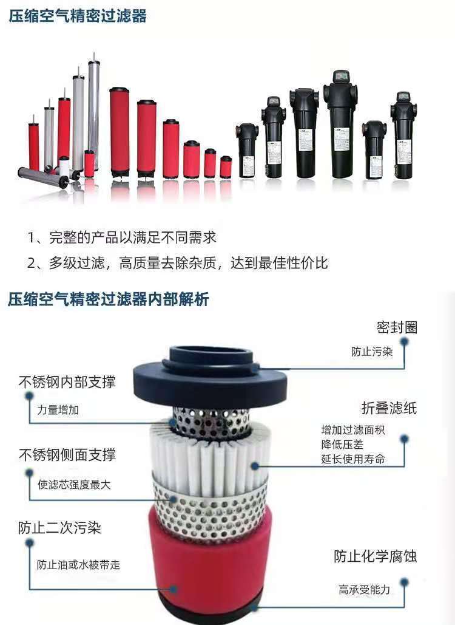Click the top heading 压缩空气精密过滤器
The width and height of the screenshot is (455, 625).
(x=78, y=16)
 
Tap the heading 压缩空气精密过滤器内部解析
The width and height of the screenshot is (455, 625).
(x=108, y=299)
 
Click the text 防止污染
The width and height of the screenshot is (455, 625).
(x=372, y=352)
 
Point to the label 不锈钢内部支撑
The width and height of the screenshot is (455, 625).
(x=67, y=382)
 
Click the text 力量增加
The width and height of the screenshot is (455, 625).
(x=58, y=410)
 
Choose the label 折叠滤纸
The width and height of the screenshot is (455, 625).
(x=389, y=408)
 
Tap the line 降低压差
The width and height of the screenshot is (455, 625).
(x=342, y=445)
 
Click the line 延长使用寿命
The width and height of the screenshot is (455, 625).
(x=353, y=459)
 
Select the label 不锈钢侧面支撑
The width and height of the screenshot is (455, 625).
(x=67, y=455)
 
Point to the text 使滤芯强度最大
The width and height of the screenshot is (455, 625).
(x=74, y=485)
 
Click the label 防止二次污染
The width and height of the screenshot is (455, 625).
(x=59, y=528)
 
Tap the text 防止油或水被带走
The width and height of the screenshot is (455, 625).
(x=78, y=565)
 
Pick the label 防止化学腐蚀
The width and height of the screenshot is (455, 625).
(x=375, y=556)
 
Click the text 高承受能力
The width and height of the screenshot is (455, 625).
(x=364, y=590)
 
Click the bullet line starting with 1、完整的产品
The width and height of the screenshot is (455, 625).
(x=122, y=237)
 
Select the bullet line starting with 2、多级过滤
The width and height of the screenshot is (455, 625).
(x=178, y=263)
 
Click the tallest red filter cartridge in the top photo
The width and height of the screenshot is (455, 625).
(x=120, y=132)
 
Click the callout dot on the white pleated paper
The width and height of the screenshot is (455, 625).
(x=254, y=465)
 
